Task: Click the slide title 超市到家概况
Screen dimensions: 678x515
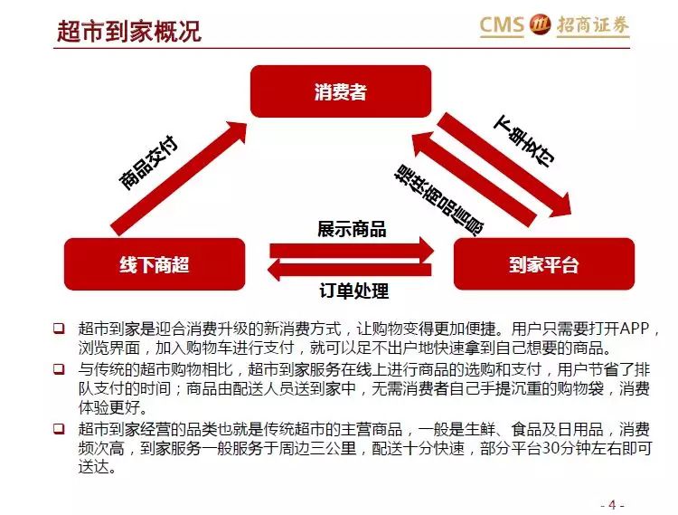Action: [129, 31]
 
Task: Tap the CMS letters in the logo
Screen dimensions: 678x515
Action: [502, 24]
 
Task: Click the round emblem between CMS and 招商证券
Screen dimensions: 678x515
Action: [540, 24]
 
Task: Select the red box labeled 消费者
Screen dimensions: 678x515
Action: [341, 91]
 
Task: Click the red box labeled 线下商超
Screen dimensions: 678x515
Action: [155, 264]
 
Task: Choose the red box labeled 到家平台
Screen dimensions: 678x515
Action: [544, 264]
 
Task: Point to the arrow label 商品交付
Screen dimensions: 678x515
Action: [148, 163]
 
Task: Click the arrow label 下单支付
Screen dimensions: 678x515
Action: [525, 140]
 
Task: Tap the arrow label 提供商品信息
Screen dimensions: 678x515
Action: [438, 200]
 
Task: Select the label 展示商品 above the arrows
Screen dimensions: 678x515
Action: [352, 229]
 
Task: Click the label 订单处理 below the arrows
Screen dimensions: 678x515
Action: [353, 291]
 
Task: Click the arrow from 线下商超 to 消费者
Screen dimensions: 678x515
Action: [179, 178]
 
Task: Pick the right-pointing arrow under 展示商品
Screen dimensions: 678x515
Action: [352, 250]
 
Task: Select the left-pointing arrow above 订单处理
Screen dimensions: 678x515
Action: [349, 269]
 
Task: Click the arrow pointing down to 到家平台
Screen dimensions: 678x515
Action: [504, 165]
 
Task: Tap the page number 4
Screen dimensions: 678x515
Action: [612, 505]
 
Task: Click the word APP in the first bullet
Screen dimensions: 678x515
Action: [635, 329]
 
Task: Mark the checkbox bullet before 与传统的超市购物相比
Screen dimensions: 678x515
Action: [59, 369]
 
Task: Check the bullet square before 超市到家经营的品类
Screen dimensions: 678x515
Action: [59, 429]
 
